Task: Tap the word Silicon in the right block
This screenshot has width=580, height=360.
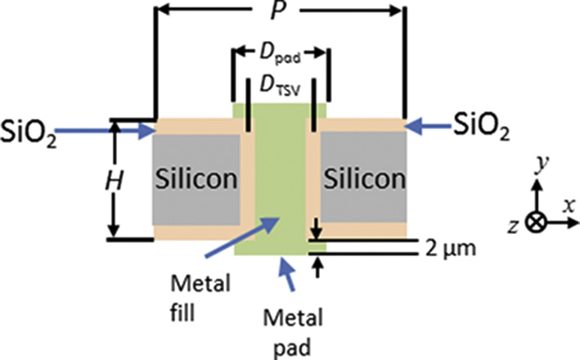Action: pyautogui.click(x=364, y=178)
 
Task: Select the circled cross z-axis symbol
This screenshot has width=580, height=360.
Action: pyautogui.click(x=537, y=222)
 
